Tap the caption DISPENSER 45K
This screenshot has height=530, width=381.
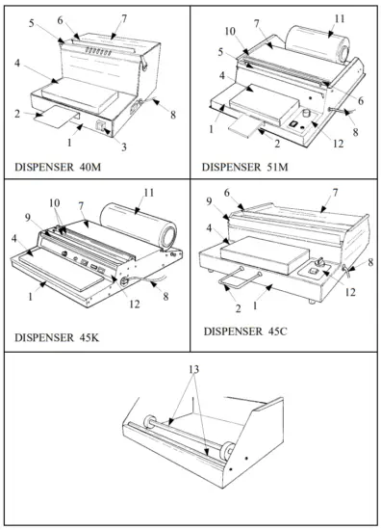tap(54, 337)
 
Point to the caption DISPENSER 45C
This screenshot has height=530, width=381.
tap(246, 331)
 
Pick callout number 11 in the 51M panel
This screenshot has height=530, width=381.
tap(340, 18)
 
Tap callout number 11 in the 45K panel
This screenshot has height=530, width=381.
tap(149, 193)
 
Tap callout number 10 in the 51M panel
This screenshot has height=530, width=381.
tap(230, 32)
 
